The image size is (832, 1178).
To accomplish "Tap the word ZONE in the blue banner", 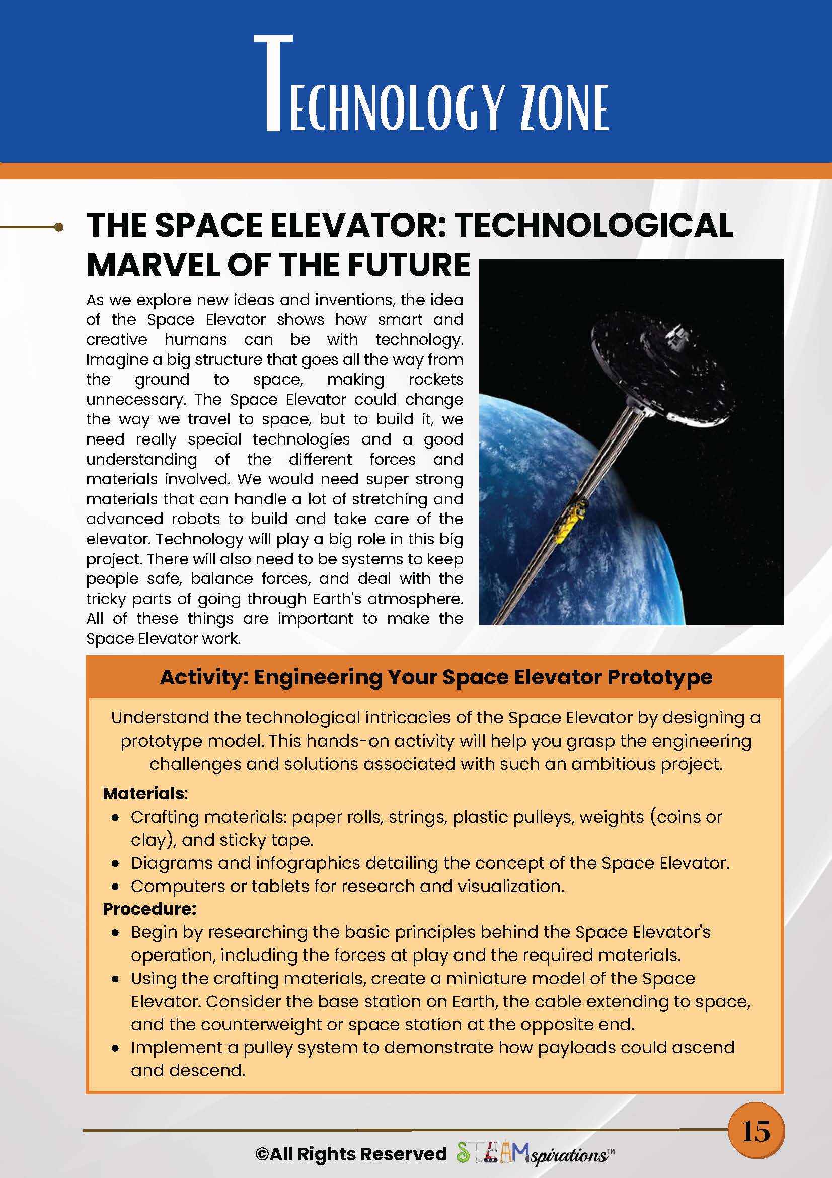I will click(564, 107).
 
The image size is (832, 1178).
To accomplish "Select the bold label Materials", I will click(143, 793).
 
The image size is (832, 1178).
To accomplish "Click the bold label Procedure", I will click(149, 909).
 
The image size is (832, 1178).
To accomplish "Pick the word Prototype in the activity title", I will click(660, 677).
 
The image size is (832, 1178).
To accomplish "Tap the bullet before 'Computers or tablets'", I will click(116, 887).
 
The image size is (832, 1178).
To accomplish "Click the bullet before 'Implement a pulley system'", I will click(116, 1048).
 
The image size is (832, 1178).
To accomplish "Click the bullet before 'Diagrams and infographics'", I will click(116, 863).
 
